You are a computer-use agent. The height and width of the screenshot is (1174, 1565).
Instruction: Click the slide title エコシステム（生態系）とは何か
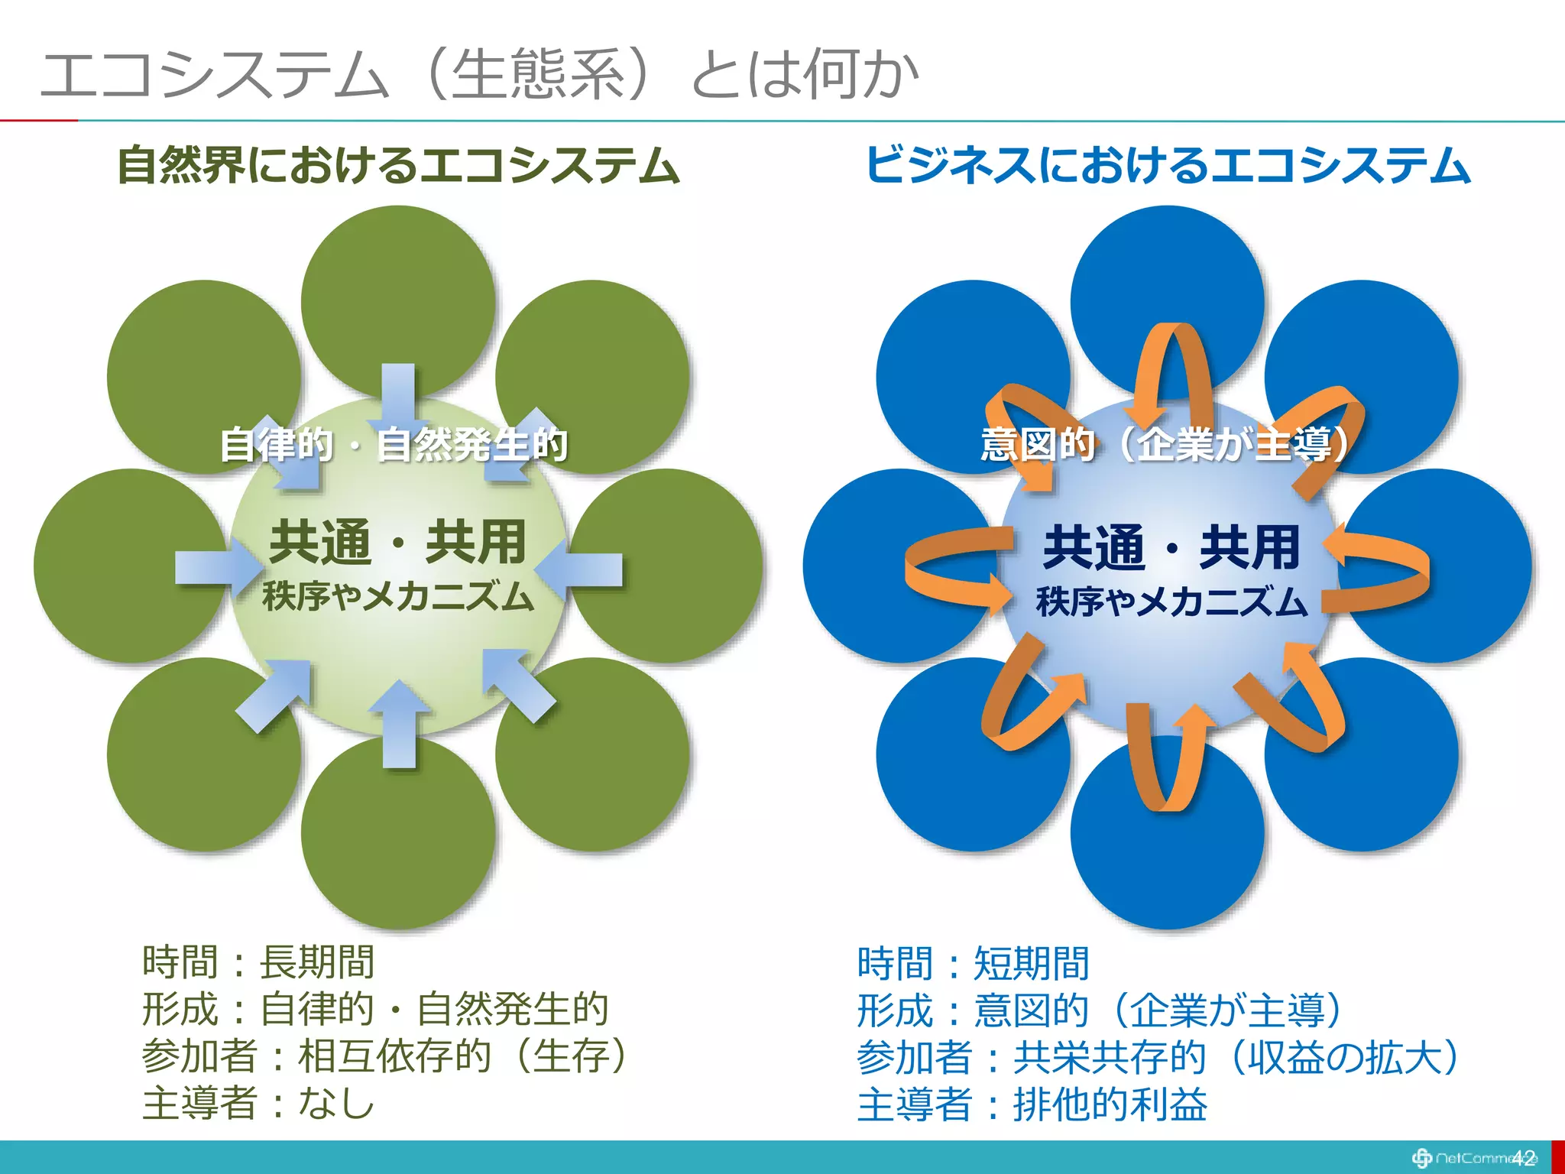(479, 74)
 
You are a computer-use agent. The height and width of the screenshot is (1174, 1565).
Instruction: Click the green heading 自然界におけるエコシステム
(397, 166)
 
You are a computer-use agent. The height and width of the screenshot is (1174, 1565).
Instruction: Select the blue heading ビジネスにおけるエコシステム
(1167, 166)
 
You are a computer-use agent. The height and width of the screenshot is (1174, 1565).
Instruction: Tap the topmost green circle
(397, 290)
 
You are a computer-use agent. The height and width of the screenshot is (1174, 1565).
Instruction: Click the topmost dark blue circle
(1167, 283)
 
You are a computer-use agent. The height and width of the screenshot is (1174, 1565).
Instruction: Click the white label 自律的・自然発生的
(394, 445)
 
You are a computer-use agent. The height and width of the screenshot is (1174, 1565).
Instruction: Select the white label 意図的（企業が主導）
(1167, 445)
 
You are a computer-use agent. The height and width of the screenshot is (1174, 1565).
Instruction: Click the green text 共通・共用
(397, 542)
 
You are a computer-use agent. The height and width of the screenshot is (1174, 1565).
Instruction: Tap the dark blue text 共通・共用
(1171, 547)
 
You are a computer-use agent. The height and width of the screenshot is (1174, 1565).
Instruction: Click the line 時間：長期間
(258, 962)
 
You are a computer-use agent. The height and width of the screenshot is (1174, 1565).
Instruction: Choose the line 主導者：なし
(258, 1104)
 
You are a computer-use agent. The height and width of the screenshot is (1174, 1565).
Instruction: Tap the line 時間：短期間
(973, 963)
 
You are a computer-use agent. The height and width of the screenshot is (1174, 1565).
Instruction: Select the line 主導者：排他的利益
(1032, 1105)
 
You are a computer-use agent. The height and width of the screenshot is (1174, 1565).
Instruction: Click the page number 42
(1523, 1157)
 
